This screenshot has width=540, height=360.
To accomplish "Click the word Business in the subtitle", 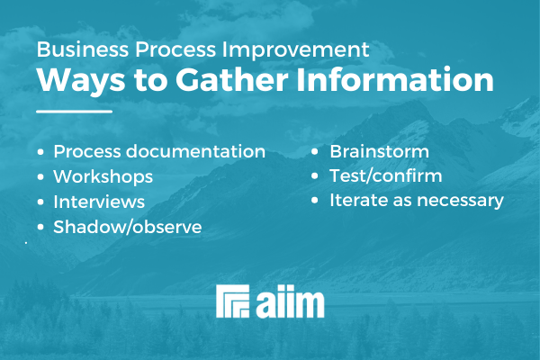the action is coord(82,49).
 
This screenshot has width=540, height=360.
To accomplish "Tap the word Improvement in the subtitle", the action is coord(296,50).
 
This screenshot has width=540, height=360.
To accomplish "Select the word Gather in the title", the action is coord(232,80).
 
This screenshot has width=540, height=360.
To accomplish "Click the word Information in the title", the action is coord(395,80).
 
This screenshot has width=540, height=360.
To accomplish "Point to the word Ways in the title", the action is coord(81,82).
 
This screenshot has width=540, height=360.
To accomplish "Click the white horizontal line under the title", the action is coord(75,112).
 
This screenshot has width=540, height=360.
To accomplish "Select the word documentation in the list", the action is coord(195,151).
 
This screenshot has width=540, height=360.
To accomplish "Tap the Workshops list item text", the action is coord(103,176).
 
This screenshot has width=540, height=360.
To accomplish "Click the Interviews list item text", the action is coord(99,202).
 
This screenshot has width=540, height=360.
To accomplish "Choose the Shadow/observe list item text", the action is coord(128,227).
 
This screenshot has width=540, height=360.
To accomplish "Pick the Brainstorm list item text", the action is coord(380,151).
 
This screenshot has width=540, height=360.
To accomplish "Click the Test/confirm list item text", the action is coord(386,175).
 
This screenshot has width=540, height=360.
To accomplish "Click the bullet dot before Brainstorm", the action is coord(315,151).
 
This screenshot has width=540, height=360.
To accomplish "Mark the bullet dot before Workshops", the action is coord(40,176).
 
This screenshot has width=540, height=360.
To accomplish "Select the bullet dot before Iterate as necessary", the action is coord(315,201).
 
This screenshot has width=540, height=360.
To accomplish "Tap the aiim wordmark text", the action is coord(290,301).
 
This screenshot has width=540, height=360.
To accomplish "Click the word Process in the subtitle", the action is coord(175,49).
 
